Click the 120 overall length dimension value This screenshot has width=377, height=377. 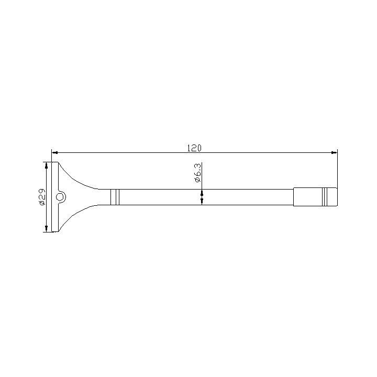[194, 148]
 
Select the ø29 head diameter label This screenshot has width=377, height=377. [42, 197]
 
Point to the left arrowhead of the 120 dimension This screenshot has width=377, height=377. [54, 152]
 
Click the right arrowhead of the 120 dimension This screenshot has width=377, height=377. [334, 152]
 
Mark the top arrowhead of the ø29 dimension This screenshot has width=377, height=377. [47, 165]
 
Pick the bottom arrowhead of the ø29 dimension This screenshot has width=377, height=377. [47, 228]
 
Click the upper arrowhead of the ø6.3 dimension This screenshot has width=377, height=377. [202, 186]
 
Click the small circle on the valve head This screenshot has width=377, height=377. [61, 197]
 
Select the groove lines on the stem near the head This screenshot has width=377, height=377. [115, 197]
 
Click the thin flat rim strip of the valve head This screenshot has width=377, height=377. [54, 197]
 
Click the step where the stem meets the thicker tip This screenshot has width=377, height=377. [294, 197]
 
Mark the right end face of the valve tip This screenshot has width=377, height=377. [337, 197]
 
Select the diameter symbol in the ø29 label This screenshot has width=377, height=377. [42, 203]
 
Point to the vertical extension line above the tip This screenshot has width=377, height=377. [337, 168]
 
